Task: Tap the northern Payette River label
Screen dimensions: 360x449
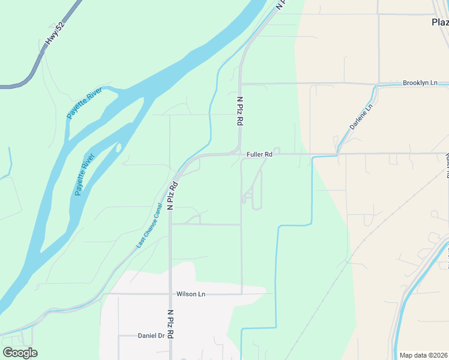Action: click(85, 103)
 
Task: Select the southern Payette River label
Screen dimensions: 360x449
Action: click(85, 175)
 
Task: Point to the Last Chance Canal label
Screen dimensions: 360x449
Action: click(149, 225)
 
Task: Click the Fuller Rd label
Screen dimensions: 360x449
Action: click(259, 154)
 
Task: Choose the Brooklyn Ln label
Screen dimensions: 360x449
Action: click(420, 83)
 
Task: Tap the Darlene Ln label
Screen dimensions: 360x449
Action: click(361, 117)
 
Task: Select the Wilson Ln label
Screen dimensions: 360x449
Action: click(191, 294)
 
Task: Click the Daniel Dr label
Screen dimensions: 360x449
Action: click(151, 336)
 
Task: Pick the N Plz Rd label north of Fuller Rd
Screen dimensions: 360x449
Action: click(240, 111)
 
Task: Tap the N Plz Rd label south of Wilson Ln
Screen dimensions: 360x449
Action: click(170, 325)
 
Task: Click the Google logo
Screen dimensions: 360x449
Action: click(20, 353)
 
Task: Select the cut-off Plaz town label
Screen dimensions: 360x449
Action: click(440, 22)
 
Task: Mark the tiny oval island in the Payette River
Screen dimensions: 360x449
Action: click(119, 147)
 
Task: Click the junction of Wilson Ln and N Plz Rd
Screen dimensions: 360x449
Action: click(170, 294)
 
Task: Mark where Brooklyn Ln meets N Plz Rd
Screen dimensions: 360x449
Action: click(240, 83)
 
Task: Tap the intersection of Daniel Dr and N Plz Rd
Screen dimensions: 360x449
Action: click(170, 336)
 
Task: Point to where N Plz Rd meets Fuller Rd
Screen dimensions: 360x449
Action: click(240, 154)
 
